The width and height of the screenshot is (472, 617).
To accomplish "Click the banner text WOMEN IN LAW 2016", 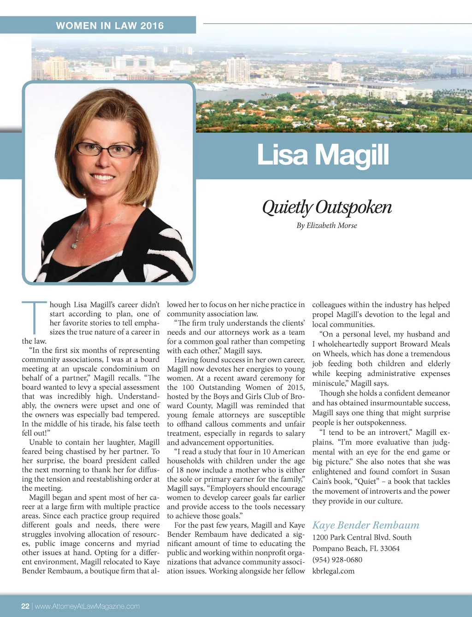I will [110, 26].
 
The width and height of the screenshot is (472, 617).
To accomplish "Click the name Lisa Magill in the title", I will [323, 155].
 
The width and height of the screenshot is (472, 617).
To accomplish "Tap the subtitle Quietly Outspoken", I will [327, 207].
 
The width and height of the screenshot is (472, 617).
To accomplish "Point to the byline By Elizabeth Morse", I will [326, 225].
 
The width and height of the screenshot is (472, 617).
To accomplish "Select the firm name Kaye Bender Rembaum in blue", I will [366, 525].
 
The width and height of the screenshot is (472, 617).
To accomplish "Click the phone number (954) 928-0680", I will [337, 559].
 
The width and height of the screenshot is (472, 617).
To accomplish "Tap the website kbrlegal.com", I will [333, 571].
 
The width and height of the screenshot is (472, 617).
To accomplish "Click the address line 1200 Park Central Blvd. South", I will [362, 537].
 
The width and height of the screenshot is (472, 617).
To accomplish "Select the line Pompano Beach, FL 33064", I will [356, 548].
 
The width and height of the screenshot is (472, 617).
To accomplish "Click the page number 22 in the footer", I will [25, 606].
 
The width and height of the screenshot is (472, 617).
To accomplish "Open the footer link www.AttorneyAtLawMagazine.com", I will [87, 606].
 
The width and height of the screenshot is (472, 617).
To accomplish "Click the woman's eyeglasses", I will [106, 149].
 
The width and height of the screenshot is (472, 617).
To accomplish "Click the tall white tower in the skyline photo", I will [238, 69].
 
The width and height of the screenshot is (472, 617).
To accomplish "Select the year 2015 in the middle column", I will [295, 387].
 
